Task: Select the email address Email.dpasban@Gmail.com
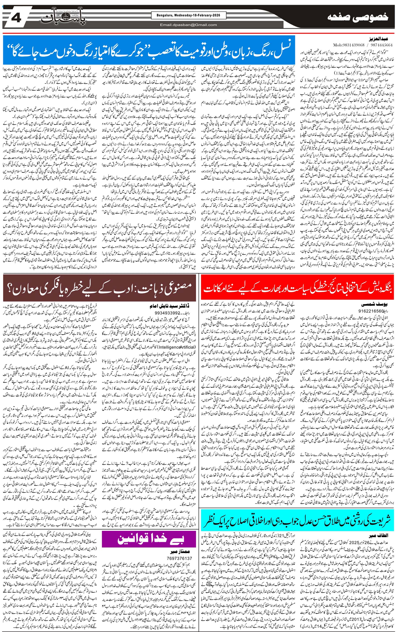(x=188, y=25)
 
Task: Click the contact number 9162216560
(x=370, y=311)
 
